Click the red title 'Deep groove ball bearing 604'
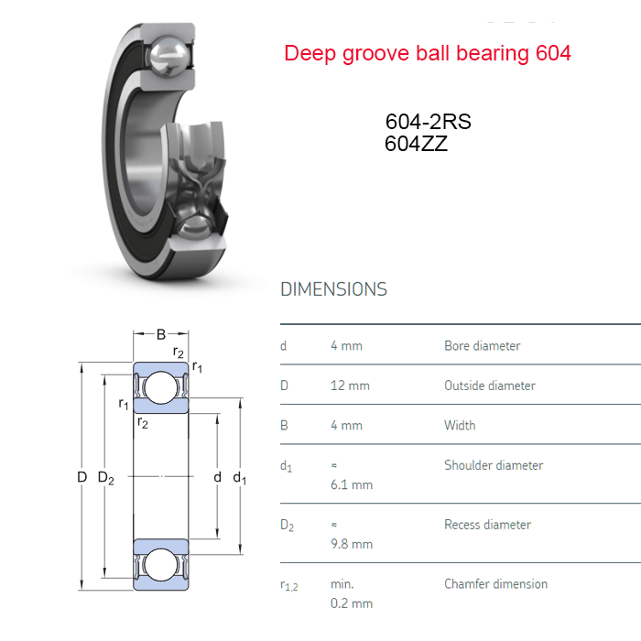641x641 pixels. click(428, 54)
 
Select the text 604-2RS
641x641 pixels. click(428, 122)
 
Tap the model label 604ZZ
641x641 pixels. click(416, 144)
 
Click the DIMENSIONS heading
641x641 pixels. click(333, 289)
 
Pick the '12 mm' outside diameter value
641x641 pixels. click(350, 386)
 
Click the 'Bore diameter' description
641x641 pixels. click(483, 346)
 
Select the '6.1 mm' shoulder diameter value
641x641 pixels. click(352, 484)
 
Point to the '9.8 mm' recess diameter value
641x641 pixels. click(352, 544)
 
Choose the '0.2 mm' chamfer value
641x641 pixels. click(352, 603)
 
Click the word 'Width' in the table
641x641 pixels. click(460, 426)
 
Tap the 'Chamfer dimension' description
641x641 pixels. click(496, 584)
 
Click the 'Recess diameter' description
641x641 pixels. click(488, 525)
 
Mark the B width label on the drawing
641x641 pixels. click(161, 334)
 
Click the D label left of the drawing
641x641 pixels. click(82, 477)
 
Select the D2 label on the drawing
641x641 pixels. click(106, 477)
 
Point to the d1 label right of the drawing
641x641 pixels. click(240, 477)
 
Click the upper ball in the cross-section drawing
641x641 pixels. click(160, 387)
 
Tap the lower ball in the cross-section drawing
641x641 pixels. click(160, 565)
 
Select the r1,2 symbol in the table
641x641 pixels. click(289, 586)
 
